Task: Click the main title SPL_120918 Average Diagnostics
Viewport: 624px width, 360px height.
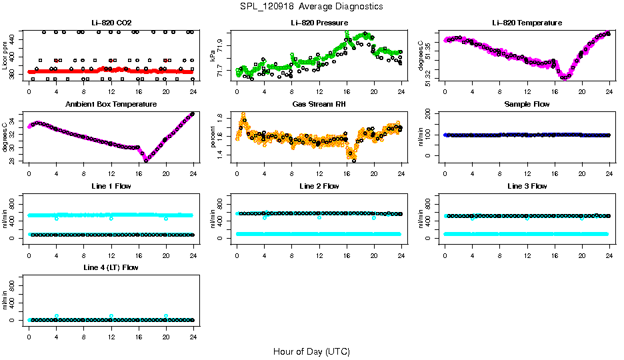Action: [x=311, y=6]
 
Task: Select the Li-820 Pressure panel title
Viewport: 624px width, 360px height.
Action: [x=319, y=23]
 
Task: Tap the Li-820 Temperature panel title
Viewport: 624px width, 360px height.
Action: [x=527, y=23]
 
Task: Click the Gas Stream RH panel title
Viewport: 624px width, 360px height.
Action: [x=319, y=104]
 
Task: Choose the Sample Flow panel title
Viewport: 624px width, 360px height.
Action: [x=527, y=104]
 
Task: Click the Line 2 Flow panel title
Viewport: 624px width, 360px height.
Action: [x=319, y=185]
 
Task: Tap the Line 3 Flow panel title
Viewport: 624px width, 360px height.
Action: [x=527, y=185]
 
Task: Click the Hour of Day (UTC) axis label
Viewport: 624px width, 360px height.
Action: [x=311, y=351]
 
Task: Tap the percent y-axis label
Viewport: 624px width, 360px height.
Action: [x=213, y=137]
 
